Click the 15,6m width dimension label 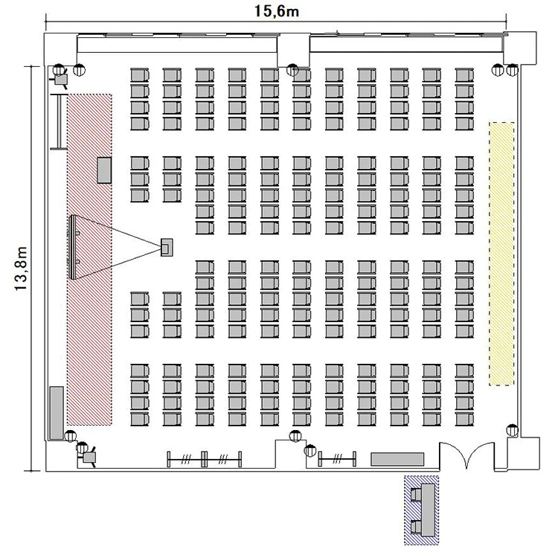coord(276,11)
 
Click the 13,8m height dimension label coord(21,269)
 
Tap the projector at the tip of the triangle coord(167,247)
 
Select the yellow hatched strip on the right coord(501,254)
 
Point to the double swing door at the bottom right coord(466,456)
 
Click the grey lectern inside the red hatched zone coord(104,170)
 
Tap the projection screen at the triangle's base coord(73,247)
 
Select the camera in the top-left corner coord(60,79)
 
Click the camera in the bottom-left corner coord(89,456)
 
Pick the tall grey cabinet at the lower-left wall coord(57,413)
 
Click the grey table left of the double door coord(397,459)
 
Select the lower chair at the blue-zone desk coord(416,527)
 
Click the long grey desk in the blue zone coord(428,510)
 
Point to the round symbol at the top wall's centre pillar coord(292,69)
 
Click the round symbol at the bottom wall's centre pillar coord(295,435)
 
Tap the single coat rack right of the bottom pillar coord(337,459)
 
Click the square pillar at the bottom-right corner coord(524,454)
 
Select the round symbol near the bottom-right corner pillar coord(513,430)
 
